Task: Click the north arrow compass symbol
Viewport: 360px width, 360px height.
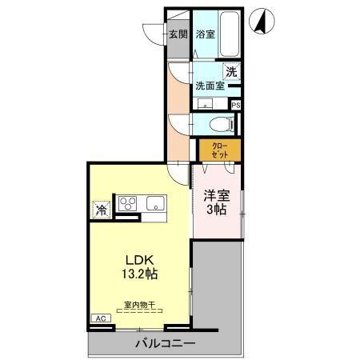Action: tap(261, 20)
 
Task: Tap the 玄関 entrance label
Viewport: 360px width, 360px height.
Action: tap(178, 34)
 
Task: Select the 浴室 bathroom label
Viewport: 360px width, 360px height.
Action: tap(205, 34)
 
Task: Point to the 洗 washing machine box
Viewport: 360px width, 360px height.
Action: tap(231, 71)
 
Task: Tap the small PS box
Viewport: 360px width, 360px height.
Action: tap(236, 105)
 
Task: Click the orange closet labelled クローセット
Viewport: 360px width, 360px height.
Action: tap(218, 150)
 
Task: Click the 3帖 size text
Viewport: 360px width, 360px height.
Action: tap(216, 210)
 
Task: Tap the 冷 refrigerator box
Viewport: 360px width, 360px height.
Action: tap(102, 210)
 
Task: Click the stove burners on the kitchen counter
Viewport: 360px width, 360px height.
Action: tap(128, 204)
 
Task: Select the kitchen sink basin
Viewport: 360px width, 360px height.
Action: tap(153, 203)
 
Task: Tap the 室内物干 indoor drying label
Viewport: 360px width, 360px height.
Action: tap(139, 304)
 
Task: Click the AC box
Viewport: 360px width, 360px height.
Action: tap(101, 318)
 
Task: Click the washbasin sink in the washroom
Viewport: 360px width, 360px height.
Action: tap(206, 104)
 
